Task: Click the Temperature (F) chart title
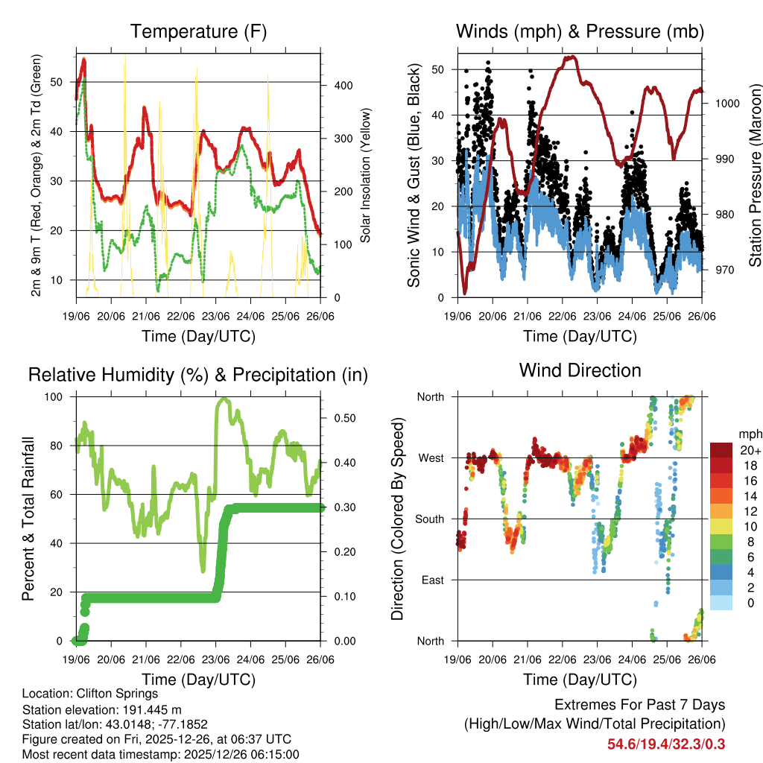coord(198,31)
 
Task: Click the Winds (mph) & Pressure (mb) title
coord(580,31)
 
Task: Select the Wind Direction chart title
coord(580,370)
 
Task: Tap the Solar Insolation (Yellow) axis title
coord(366,176)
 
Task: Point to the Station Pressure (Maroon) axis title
coord(755,176)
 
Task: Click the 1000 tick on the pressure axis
coord(726,104)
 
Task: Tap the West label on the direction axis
coord(431,458)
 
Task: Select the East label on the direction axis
coord(432,580)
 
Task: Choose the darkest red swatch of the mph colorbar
coord(721,450)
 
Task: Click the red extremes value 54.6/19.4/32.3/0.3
coord(666,744)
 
